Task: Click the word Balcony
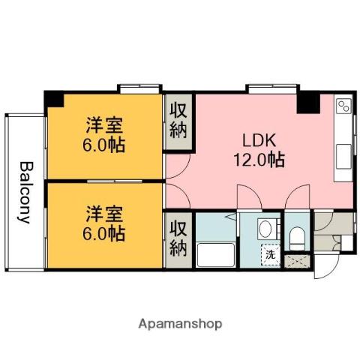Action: (x=24, y=193)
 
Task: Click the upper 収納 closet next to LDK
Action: (x=178, y=121)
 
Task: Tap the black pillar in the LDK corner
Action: (x=307, y=103)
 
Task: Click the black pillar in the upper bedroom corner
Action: (x=53, y=98)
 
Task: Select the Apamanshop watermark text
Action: (x=179, y=324)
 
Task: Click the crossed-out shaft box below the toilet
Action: (x=298, y=262)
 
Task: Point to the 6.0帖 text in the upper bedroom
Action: (x=103, y=144)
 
